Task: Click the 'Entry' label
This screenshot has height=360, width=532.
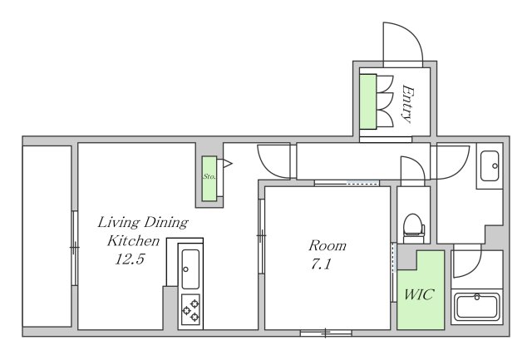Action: (x=408, y=103)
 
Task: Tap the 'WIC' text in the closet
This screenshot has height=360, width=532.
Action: (x=419, y=293)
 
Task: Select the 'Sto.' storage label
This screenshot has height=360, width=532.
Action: (x=209, y=176)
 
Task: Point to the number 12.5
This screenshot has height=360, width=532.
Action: (x=130, y=259)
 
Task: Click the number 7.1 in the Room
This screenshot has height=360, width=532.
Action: (x=321, y=264)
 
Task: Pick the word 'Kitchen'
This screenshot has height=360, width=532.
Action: (x=133, y=240)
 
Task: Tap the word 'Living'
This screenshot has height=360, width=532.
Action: (x=119, y=223)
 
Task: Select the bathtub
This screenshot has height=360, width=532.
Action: (x=476, y=307)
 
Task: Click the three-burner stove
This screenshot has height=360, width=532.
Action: (x=190, y=309)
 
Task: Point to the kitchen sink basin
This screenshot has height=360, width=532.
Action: (x=190, y=269)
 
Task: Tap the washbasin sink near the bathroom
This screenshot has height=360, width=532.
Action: (x=490, y=166)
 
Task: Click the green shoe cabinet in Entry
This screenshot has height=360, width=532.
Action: (x=368, y=101)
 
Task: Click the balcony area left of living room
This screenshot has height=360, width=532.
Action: (x=47, y=236)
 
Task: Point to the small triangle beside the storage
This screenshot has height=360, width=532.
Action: (x=227, y=164)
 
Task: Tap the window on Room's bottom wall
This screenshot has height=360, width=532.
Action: (x=326, y=333)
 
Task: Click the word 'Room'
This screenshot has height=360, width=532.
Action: (x=328, y=245)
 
